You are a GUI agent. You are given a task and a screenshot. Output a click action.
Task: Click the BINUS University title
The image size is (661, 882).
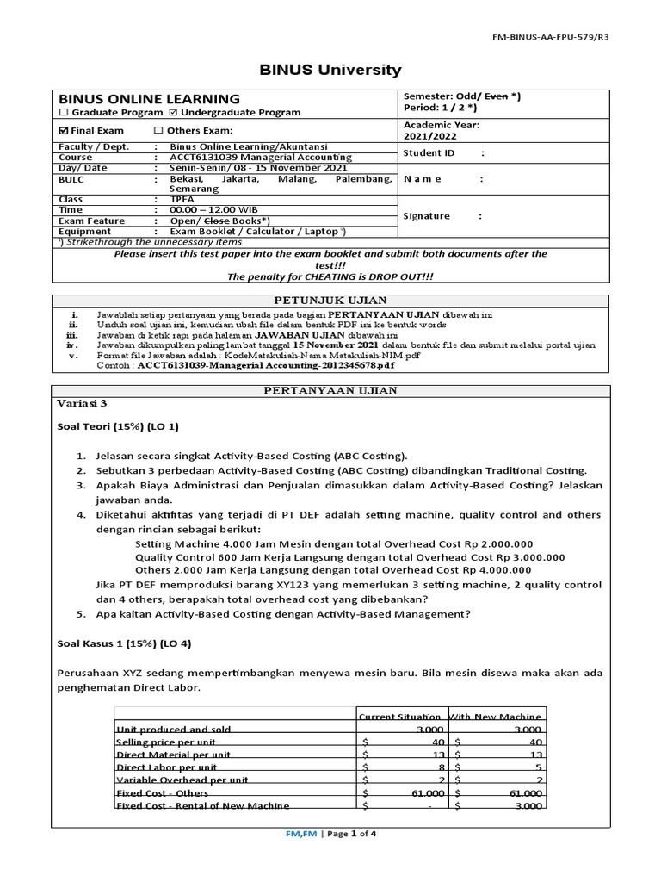[x=330, y=70]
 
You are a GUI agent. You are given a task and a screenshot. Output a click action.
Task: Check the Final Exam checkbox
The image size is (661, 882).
[x=63, y=130]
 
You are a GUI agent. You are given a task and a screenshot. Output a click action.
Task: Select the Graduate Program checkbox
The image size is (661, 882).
[x=63, y=112]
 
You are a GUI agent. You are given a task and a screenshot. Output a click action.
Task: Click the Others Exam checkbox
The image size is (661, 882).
[x=158, y=130]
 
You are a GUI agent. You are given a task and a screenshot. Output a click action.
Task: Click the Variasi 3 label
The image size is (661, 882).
[x=84, y=402]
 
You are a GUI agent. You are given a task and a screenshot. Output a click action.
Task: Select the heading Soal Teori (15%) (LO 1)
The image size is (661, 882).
[x=118, y=426]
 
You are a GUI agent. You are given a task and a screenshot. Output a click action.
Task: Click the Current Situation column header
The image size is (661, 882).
[x=400, y=717]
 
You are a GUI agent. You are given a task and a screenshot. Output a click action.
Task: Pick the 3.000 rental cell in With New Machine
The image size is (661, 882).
[x=527, y=806]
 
